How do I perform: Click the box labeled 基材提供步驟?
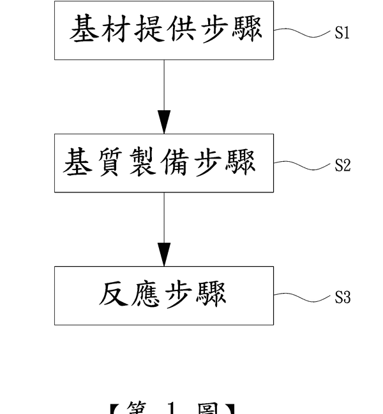[x=164, y=31]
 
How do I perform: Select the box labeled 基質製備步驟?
[x=164, y=163]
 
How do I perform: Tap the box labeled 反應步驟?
[x=164, y=296]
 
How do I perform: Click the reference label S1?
[x=342, y=33]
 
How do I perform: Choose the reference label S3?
[x=342, y=297]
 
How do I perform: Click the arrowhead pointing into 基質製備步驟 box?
[x=164, y=122]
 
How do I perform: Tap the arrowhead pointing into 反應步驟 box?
[x=164, y=255]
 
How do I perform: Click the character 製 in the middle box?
[x=144, y=162]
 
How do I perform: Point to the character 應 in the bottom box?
[x=148, y=294]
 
